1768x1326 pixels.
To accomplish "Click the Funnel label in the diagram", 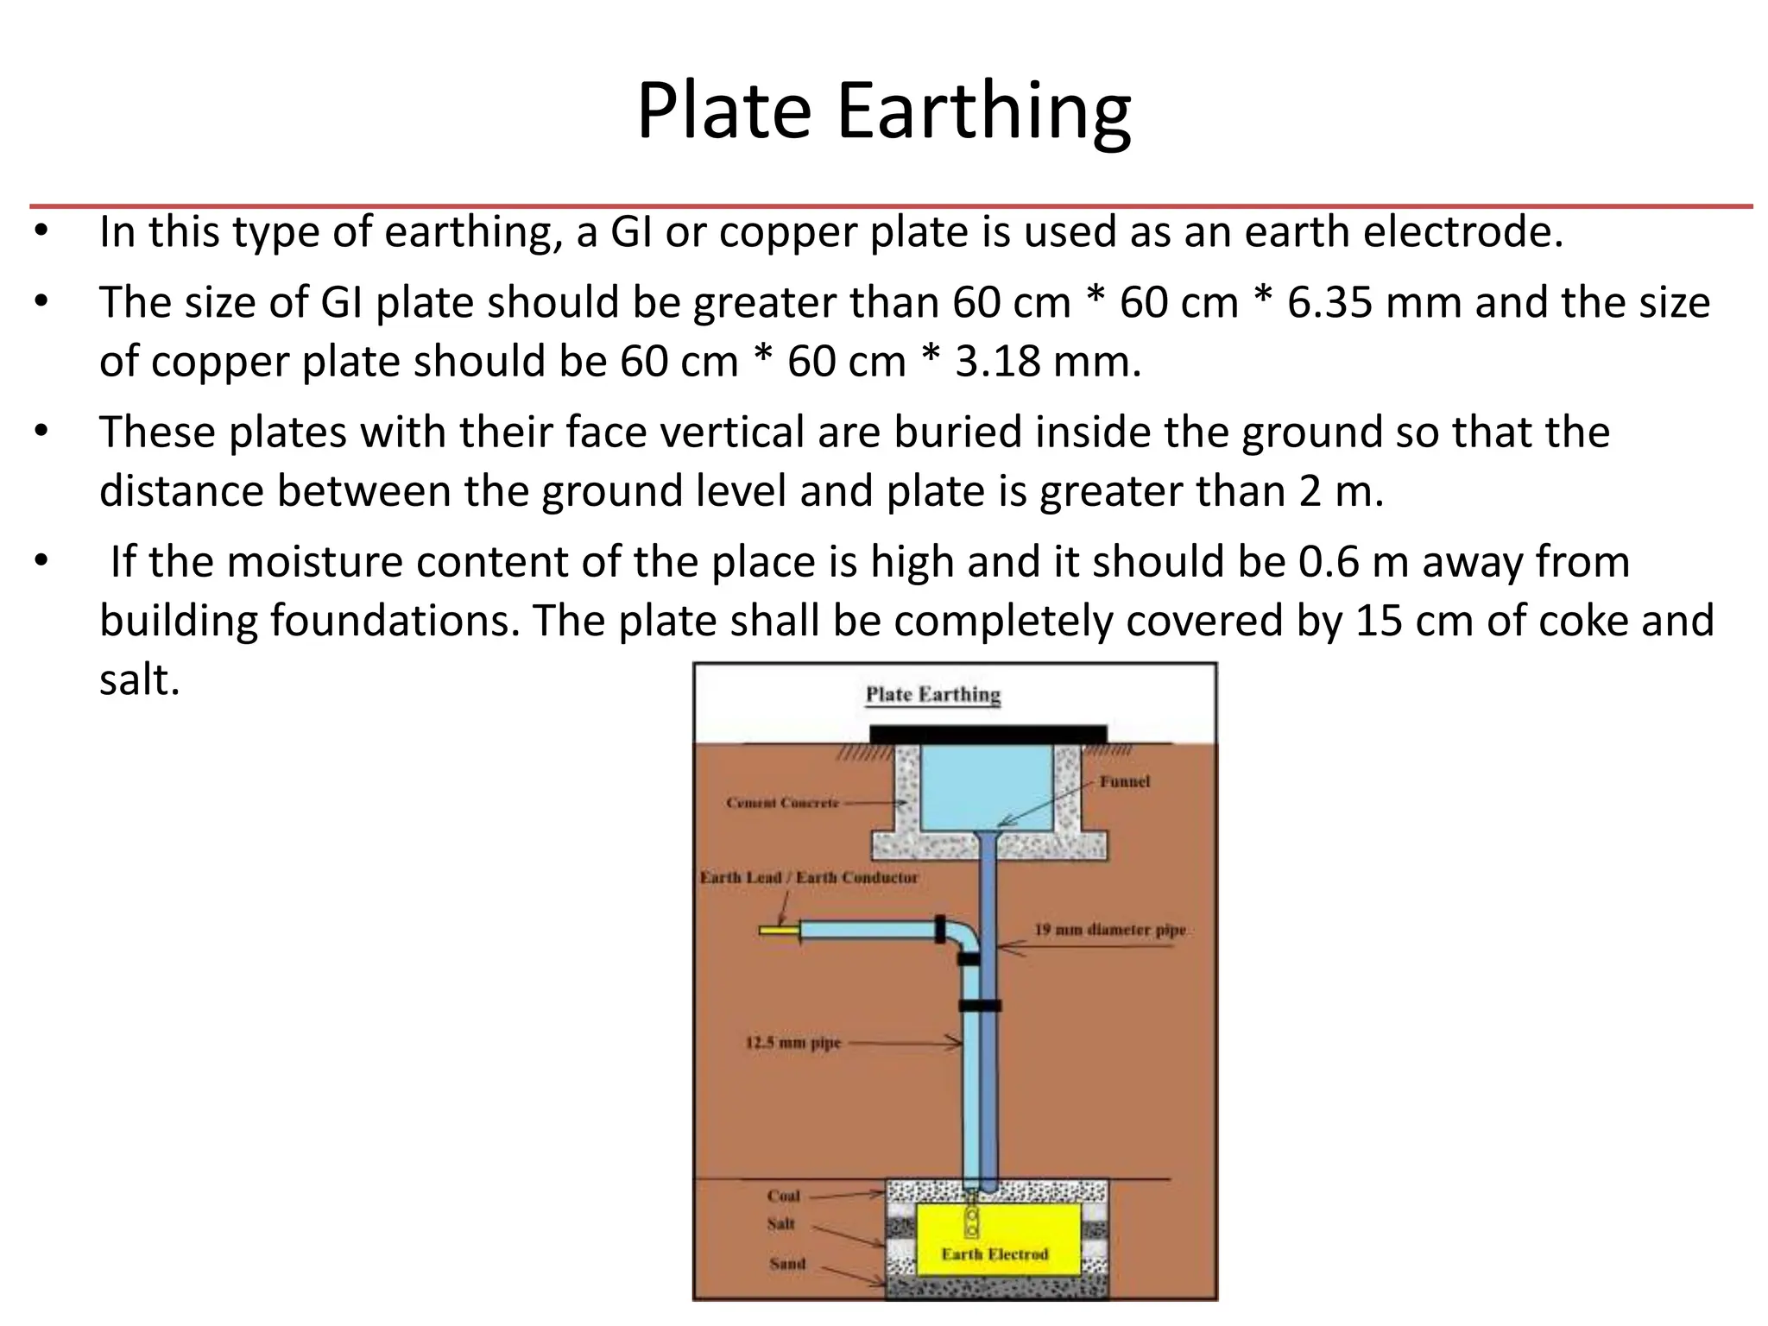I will point(1124,781).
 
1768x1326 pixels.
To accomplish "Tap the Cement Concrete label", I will point(782,803).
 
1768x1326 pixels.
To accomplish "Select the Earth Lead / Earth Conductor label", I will point(809,878).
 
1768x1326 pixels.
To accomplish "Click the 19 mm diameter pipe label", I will point(1110,930).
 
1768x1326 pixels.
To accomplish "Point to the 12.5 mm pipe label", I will point(792,1043).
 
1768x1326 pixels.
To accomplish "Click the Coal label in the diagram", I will point(783,1196).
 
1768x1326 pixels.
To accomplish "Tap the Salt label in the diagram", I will point(780,1223).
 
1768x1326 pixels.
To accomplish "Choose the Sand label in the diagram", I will point(786,1263).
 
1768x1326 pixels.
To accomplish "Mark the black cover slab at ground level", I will point(988,734).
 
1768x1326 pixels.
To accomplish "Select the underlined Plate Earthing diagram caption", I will point(932,695).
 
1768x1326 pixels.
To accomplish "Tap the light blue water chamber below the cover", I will point(986,786).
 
